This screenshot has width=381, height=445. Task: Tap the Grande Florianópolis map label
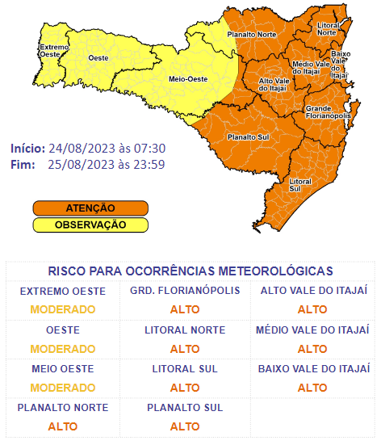[327, 112]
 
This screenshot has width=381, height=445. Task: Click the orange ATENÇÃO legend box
[90, 208]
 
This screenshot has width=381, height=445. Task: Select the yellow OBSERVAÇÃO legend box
[90, 224]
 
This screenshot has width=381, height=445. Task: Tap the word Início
[27, 149]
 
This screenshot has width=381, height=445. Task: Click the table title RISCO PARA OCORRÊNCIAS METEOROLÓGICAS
[190, 271]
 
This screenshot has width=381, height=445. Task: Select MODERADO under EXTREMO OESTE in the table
[63, 309]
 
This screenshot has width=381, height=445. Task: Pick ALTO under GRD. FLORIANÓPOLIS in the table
[185, 309]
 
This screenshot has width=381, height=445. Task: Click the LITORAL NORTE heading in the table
[185, 330]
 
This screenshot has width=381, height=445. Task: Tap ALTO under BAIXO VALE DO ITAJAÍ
[312, 388]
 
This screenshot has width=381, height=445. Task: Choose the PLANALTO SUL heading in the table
[185, 408]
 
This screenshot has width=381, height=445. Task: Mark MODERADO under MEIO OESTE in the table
[63, 388]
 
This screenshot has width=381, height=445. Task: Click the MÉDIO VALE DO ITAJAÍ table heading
[312, 330]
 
